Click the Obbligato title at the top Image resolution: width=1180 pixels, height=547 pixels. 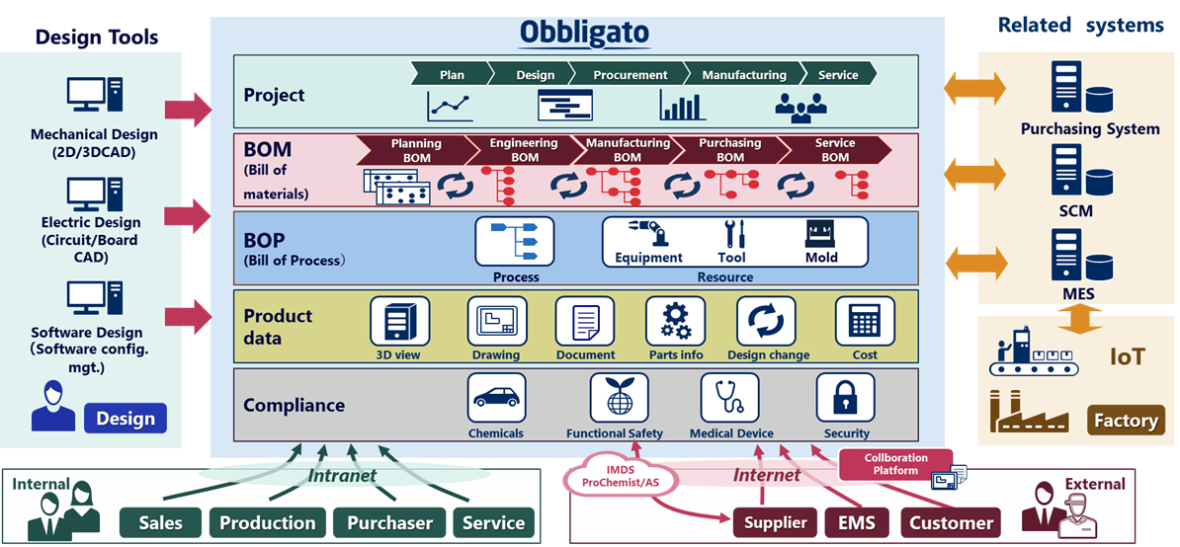pos(583,33)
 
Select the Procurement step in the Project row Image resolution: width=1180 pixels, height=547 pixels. pos(630,74)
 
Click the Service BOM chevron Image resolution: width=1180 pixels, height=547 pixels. pos(834,149)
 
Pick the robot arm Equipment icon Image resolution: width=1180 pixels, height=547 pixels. pos(648,232)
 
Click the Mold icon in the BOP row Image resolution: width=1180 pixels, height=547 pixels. pos(820,234)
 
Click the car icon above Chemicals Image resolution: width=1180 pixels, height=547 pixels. pos(497,398)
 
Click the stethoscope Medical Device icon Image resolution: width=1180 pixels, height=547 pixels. pos(730,398)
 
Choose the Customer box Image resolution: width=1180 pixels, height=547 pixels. pos(951,522)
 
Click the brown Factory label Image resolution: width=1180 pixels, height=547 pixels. pos(1126,420)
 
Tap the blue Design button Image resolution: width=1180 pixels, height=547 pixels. pos(126,419)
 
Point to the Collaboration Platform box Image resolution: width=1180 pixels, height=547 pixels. pos(895,464)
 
